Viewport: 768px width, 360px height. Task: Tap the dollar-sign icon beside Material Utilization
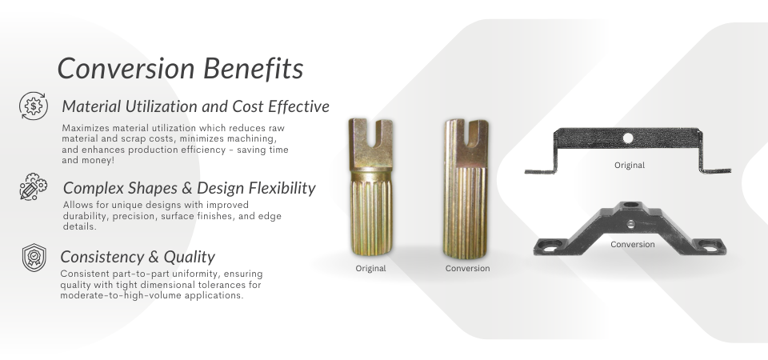(34, 106)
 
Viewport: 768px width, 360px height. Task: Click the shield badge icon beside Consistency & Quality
(34, 258)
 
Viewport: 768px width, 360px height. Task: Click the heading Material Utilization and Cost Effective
(195, 106)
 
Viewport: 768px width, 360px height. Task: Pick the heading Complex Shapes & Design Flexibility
(189, 189)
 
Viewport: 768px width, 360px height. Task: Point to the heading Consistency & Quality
(138, 257)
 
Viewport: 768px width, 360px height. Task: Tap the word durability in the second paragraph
(83, 216)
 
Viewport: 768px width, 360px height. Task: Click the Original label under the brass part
(370, 269)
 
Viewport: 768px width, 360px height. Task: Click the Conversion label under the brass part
(467, 269)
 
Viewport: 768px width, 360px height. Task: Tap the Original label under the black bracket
(629, 166)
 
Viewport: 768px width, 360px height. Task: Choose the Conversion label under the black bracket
(632, 244)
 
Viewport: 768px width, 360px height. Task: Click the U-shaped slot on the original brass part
(370, 132)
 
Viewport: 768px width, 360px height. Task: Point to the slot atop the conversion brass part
(478, 128)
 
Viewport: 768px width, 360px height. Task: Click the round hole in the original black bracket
(628, 138)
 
